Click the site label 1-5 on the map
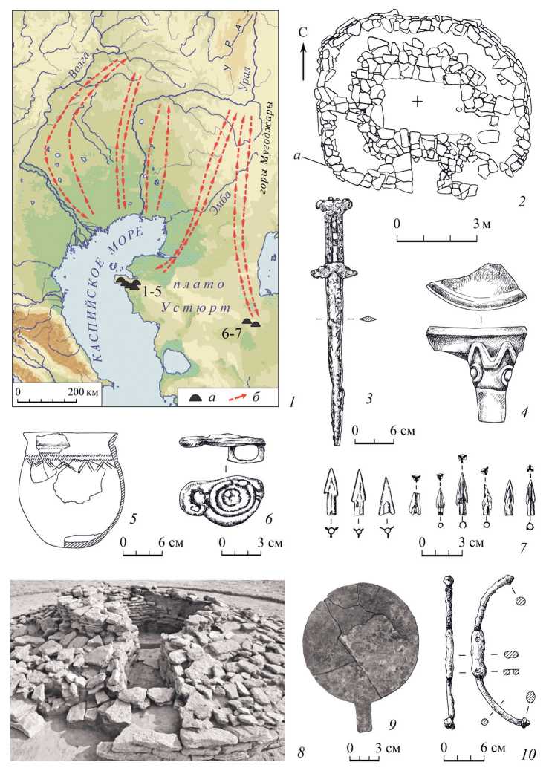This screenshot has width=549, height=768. (150, 291)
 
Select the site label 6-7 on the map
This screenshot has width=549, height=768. (230, 333)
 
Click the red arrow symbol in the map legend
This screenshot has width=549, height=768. (240, 396)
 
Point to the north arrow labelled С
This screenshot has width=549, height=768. (303, 55)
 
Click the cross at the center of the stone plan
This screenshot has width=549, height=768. (418, 102)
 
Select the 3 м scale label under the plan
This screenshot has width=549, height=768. (481, 224)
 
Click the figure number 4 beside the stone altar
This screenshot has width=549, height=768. (524, 413)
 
